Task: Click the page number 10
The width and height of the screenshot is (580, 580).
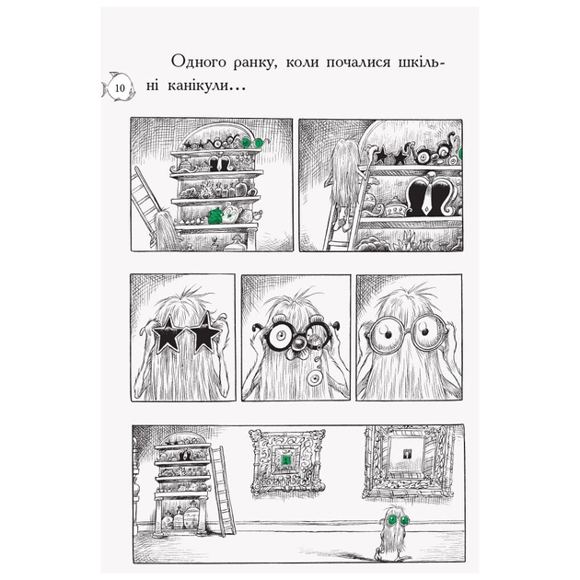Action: point(122,88)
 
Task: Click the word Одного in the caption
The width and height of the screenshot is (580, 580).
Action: point(201,62)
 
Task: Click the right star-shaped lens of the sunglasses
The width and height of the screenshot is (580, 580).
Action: point(205,331)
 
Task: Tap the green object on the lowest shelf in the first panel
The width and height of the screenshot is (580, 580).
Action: point(217,215)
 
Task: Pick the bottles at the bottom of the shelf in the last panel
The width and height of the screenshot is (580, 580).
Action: point(180,520)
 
